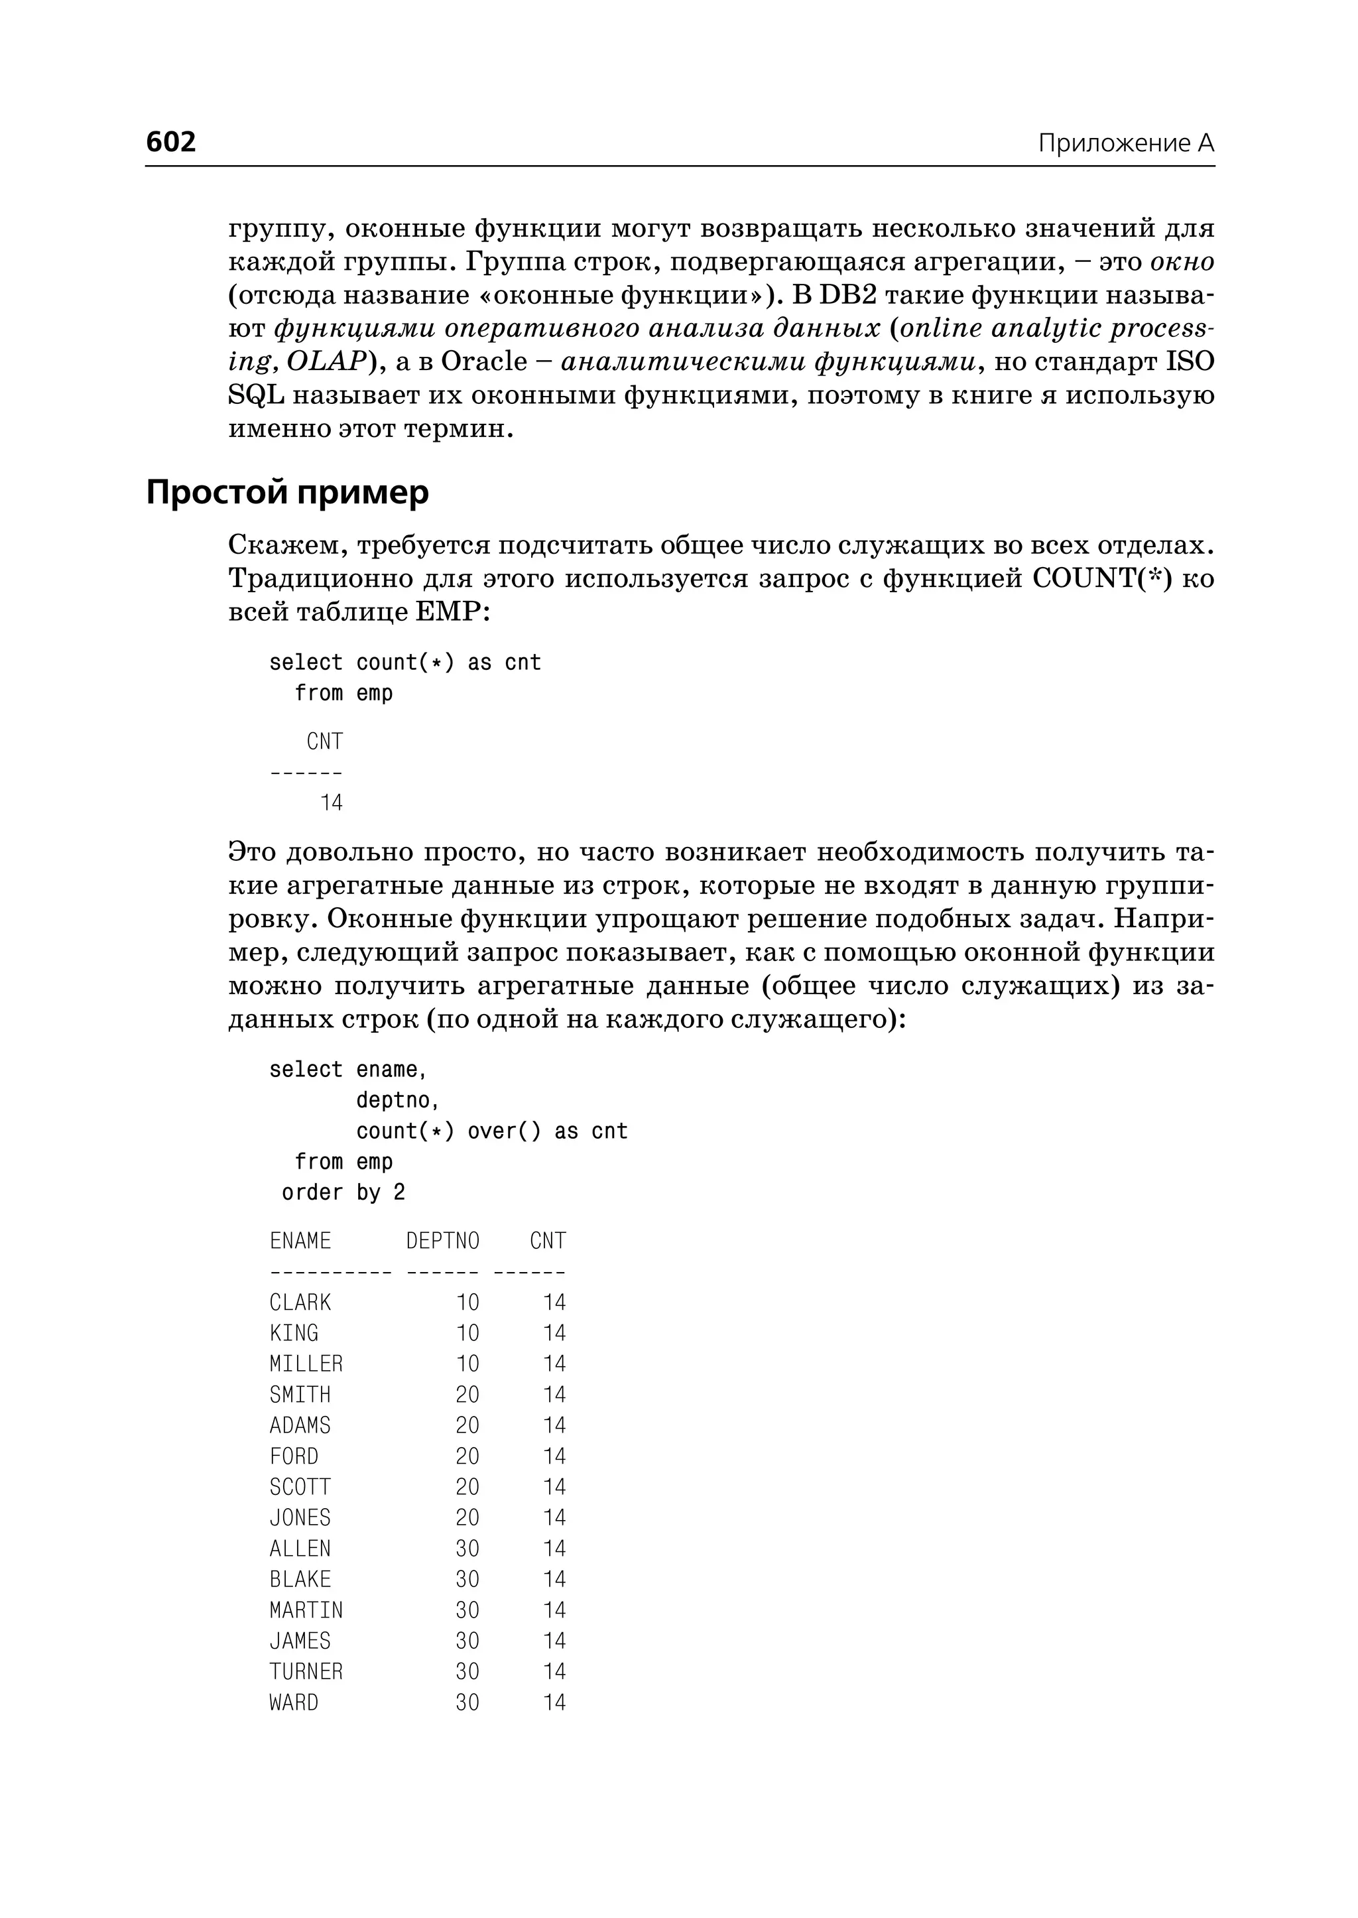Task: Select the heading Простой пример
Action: [x=287, y=492]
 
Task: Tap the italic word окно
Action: [x=1182, y=262]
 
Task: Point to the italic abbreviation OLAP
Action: [x=326, y=362]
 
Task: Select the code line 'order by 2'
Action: [x=343, y=1192]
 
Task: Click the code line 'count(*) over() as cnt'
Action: [x=492, y=1131]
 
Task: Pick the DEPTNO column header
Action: [x=442, y=1240]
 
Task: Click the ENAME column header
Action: [x=300, y=1240]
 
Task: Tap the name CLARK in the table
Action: [x=300, y=1303]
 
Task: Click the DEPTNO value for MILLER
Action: [x=467, y=1364]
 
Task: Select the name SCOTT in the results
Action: [x=300, y=1487]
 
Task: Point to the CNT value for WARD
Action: [x=554, y=1703]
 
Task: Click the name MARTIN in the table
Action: [x=306, y=1610]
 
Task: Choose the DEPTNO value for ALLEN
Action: [x=467, y=1549]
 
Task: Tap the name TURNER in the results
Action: [x=306, y=1672]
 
